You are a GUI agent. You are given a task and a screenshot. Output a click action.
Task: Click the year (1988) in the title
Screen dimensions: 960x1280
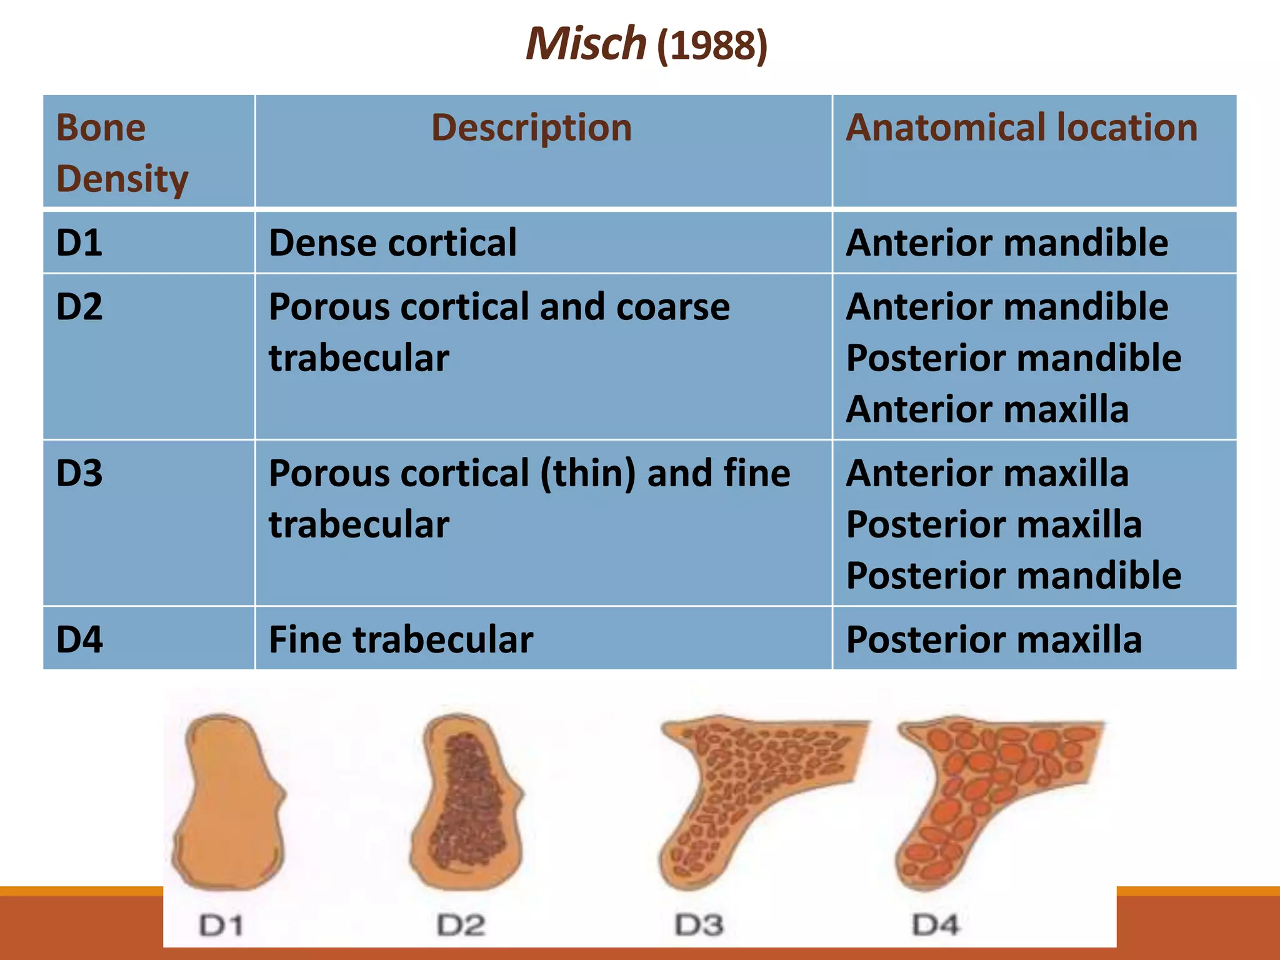pyautogui.click(x=712, y=46)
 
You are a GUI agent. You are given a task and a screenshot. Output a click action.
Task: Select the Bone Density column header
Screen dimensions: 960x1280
pyautogui.click(x=122, y=153)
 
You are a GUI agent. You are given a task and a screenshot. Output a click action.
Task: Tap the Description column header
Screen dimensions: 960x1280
pyautogui.click(x=531, y=127)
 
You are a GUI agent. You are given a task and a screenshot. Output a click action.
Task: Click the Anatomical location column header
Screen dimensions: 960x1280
pyautogui.click(x=1021, y=127)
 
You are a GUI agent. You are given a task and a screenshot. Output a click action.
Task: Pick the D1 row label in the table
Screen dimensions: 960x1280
pyautogui.click(x=79, y=242)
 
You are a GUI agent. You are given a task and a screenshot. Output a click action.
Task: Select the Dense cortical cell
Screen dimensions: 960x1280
pyautogui.click(x=392, y=242)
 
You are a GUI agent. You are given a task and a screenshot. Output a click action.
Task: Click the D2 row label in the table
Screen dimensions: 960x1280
pyautogui.click(x=79, y=307)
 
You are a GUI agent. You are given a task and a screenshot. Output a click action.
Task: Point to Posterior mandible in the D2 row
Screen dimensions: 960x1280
pyautogui.click(x=1013, y=358)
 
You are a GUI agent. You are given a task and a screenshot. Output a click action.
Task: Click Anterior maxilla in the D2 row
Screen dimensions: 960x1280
pyautogui.click(x=987, y=409)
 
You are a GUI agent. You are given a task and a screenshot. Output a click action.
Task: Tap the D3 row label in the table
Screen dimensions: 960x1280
pyautogui.click(x=79, y=473)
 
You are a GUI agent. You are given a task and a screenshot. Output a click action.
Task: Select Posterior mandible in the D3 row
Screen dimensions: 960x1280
pyautogui.click(x=1013, y=576)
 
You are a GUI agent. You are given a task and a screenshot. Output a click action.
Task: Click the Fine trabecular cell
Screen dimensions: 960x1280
pyautogui.click(x=401, y=640)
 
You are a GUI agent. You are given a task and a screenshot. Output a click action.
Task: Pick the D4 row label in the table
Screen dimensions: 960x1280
pyautogui.click(x=79, y=640)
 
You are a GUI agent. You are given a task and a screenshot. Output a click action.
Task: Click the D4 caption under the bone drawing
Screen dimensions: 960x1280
pyautogui.click(x=936, y=925)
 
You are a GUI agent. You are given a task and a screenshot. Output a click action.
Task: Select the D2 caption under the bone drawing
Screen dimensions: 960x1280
pyautogui.click(x=461, y=925)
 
